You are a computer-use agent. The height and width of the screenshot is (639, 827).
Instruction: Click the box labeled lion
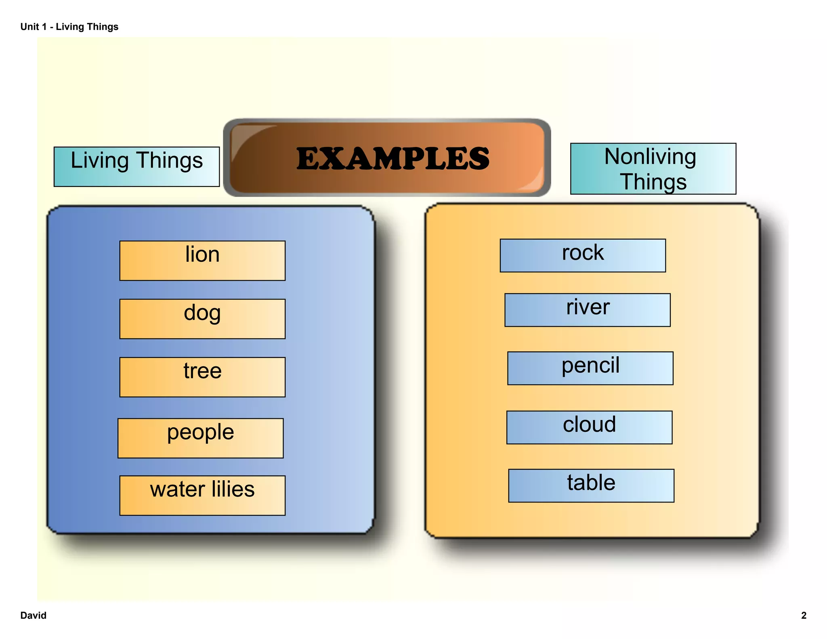(x=202, y=261)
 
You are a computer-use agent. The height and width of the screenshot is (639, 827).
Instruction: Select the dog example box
(x=202, y=319)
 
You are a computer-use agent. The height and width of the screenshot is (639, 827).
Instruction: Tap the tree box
(x=202, y=377)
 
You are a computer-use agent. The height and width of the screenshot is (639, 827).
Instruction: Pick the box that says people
(x=200, y=438)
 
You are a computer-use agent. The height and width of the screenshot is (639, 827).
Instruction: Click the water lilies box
(x=202, y=495)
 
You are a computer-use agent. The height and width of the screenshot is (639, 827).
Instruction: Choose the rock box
(x=583, y=255)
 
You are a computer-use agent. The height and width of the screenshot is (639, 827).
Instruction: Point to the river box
(x=587, y=310)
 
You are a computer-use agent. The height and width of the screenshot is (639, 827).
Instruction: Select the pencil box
(x=590, y=368)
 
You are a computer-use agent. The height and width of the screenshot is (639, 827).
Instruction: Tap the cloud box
(x=589, y=427)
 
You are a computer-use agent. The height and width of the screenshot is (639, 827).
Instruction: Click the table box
(x=591, y=486)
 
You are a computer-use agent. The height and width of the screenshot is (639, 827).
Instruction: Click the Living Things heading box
(x=136, y=166)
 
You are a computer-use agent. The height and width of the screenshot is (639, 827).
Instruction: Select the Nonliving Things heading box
(x=653, y=168)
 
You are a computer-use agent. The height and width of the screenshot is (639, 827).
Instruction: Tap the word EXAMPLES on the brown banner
(x=393, y=158)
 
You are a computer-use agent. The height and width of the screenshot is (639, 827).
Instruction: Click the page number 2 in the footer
(x=804, y=615)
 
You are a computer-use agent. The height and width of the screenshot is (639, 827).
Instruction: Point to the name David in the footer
(x=33, y=615)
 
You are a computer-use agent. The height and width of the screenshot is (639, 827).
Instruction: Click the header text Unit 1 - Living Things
(x=69, y=27)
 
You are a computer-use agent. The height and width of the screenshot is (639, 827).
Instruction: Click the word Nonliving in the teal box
(x=650, y=157)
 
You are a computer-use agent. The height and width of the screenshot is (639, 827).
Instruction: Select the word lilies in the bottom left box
(x=233, y=489)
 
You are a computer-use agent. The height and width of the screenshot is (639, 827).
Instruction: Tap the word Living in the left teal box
(x=99, y=161)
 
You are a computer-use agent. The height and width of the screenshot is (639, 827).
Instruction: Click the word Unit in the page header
(x=29, y=27)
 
